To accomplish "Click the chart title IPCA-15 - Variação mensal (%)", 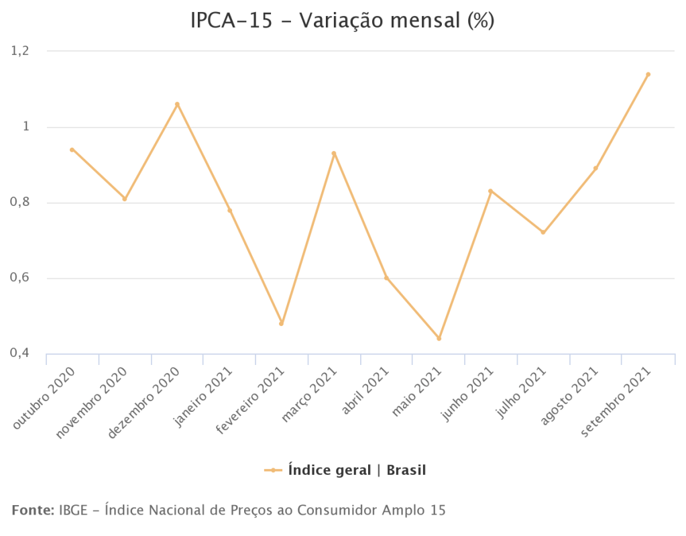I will coord(343,21).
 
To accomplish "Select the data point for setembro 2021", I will coord(648,74).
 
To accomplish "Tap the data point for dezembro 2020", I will coord(177,105).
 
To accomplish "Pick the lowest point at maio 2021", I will coord(439,338).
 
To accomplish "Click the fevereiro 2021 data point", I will coord(282,323).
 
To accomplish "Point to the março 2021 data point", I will coord(334,154).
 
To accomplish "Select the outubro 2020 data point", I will coord(72,150).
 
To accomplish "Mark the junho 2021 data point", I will coord(491,191).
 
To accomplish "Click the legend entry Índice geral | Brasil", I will coord(357,470).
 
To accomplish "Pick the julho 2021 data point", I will coord(543,232).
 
